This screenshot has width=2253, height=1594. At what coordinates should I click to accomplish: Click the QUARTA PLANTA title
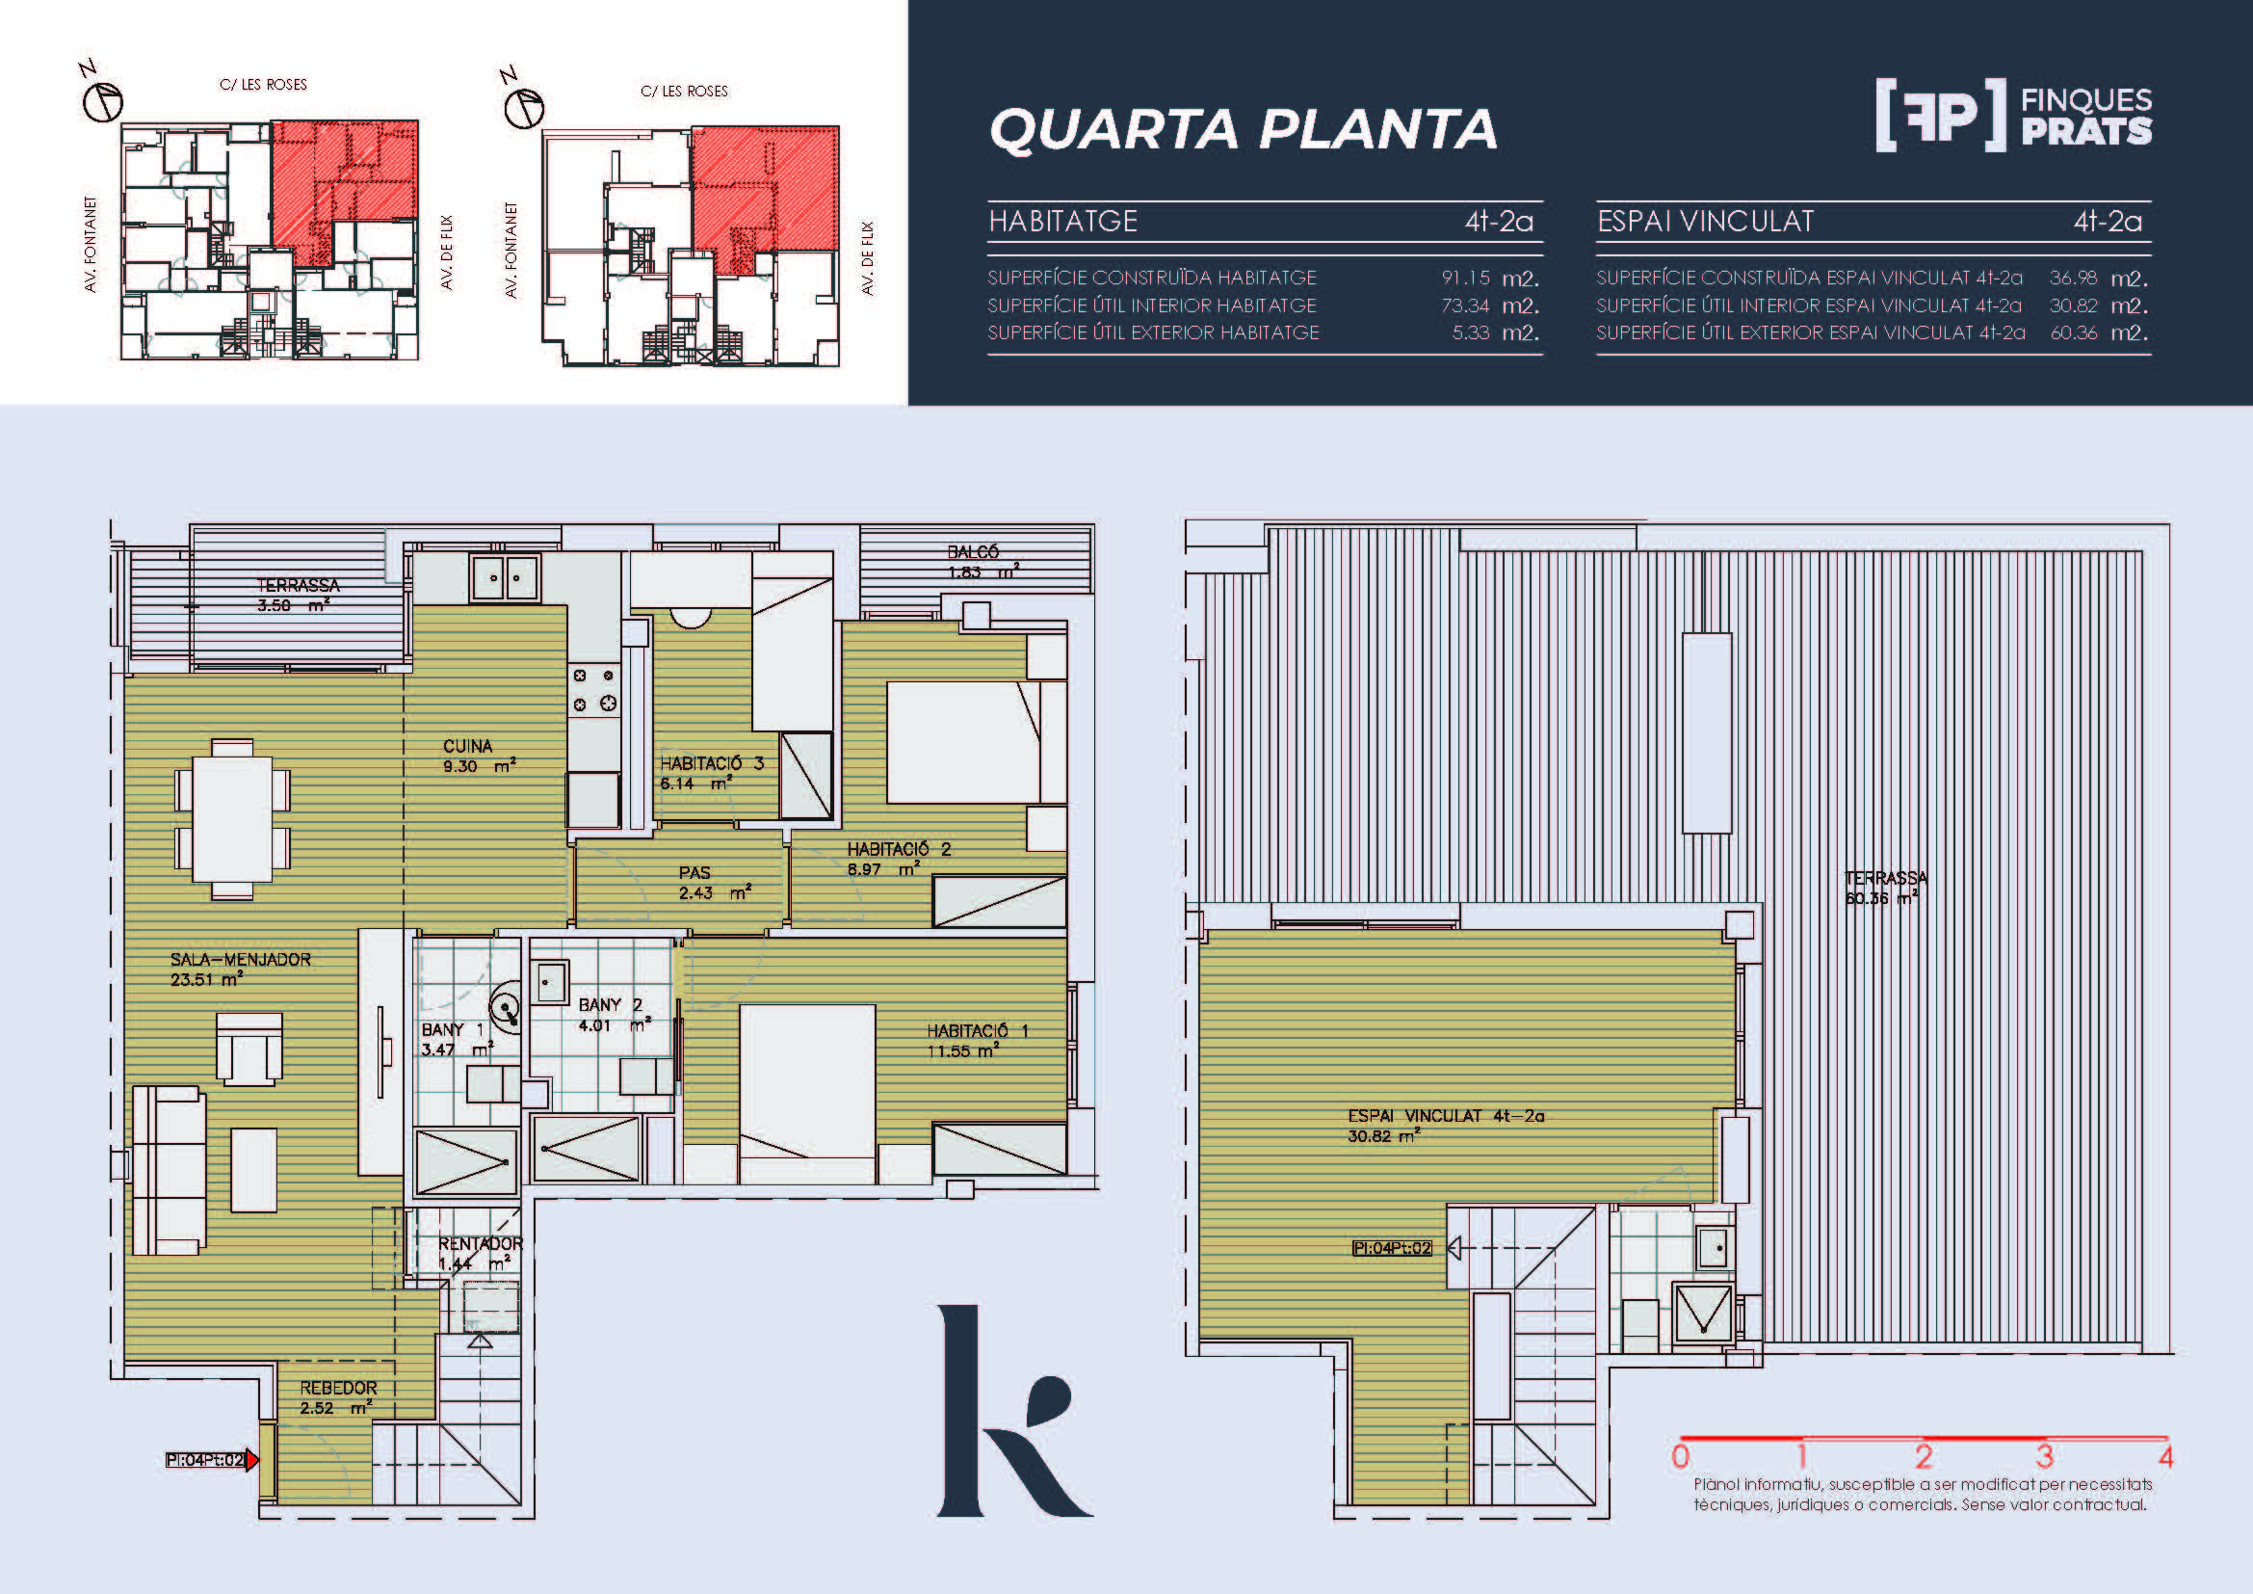pos(1244,129)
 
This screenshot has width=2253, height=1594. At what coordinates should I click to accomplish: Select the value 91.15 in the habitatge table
pos(1465,278)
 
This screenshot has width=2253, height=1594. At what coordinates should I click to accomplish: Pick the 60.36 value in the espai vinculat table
pos(2074,332)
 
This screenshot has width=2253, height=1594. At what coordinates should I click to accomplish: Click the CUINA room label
pos(468,746)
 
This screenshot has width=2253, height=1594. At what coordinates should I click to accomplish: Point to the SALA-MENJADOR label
pos(241,959)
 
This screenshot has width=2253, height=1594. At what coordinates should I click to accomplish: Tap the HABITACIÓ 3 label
pos(712,762)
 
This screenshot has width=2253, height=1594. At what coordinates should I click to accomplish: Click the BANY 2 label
pos(611,1005)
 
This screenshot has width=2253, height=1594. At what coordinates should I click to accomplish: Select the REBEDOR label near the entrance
pos(338,1388)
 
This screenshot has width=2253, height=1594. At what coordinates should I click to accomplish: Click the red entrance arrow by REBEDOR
pos(252,1459)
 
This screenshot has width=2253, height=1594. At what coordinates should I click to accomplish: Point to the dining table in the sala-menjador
pos(232,819)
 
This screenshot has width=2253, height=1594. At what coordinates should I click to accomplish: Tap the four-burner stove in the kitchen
pos(594,689)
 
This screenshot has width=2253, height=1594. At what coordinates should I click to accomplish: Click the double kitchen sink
pos(506,578)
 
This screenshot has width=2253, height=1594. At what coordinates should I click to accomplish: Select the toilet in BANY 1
pos(506,1007)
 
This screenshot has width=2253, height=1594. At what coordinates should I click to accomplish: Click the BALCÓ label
pos(974,552)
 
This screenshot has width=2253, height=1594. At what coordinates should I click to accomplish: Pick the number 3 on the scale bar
pos(2045,1455)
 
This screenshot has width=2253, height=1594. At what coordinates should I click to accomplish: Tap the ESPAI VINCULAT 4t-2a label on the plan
pos(1446,1116)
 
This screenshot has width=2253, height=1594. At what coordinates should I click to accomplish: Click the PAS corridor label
pos(694,872)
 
